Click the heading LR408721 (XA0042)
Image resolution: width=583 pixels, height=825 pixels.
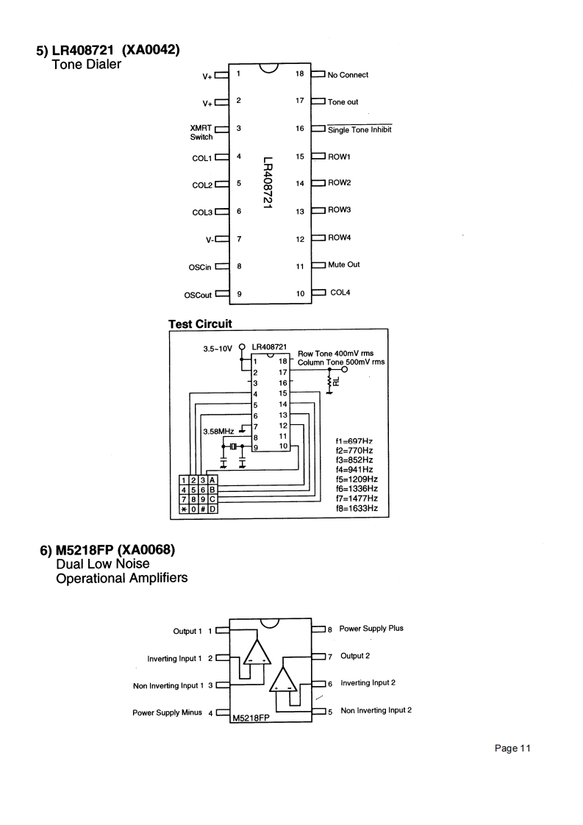pyautogui.click(x=109, y=51)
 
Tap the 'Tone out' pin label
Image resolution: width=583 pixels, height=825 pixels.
pyautogui.click(x=343, y=102)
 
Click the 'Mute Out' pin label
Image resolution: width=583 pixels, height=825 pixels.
pyautogui.click(x=343, y=265)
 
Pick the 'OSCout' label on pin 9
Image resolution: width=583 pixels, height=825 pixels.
pyautogui.click(x=196, y=296)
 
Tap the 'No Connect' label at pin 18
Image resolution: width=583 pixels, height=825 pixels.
pyautogui.click(x=348, y=75)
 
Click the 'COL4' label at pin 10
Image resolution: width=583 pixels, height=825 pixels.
pyautogui.click(x=340, y=293)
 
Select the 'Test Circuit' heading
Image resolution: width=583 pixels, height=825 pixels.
pyautogui.click(x=200, y=324)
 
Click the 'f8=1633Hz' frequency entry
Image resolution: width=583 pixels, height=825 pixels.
pyautogui.click(x=356, y=508)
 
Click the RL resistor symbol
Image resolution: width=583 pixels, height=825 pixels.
pyautogui.click(x=330, y=382)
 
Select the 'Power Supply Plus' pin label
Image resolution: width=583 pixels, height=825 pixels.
pyautogui.click(x=371, y=629)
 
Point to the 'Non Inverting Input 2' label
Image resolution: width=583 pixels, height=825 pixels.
pyautogui.click(x=376, y=710)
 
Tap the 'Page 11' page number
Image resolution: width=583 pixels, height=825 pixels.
pyautogui.click(x=512, y=749)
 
